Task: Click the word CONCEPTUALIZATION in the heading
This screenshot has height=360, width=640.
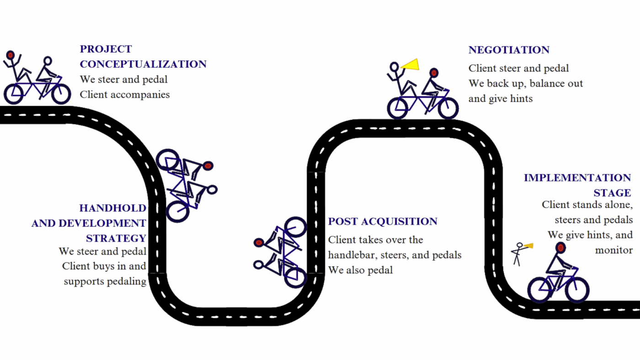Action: pos(143,64)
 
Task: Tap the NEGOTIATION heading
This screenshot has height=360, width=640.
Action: pos(509,50)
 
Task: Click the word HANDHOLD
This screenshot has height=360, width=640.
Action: pos(113,208)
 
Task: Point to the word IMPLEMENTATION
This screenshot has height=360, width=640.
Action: pos(577,178)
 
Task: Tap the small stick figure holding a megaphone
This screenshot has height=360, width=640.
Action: pos(518,254)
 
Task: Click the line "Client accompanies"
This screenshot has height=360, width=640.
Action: pos(125,95)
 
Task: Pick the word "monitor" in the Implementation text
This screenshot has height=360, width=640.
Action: pos(613,250)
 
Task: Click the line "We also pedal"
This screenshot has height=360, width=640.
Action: pos(360,270)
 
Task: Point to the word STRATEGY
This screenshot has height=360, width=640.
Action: pos(116,238)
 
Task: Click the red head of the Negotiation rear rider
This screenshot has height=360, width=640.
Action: pos(434,73)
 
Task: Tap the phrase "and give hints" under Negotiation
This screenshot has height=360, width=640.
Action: pos(500,98)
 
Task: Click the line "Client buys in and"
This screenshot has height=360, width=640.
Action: pos(104,266)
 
